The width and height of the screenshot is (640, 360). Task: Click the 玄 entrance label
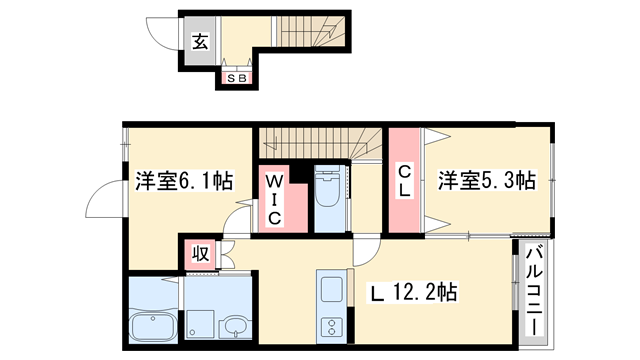(200, 42)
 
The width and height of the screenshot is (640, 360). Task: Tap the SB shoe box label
(236, 77)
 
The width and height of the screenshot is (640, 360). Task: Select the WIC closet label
(273, 199)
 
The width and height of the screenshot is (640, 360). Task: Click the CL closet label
(404, 181)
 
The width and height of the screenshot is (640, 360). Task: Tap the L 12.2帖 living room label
(414, 293)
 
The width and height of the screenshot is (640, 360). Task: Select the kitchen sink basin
(331, 292)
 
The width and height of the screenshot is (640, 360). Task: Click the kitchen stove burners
(331, 328)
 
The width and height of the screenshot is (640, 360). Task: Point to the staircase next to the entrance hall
(306, 35)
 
